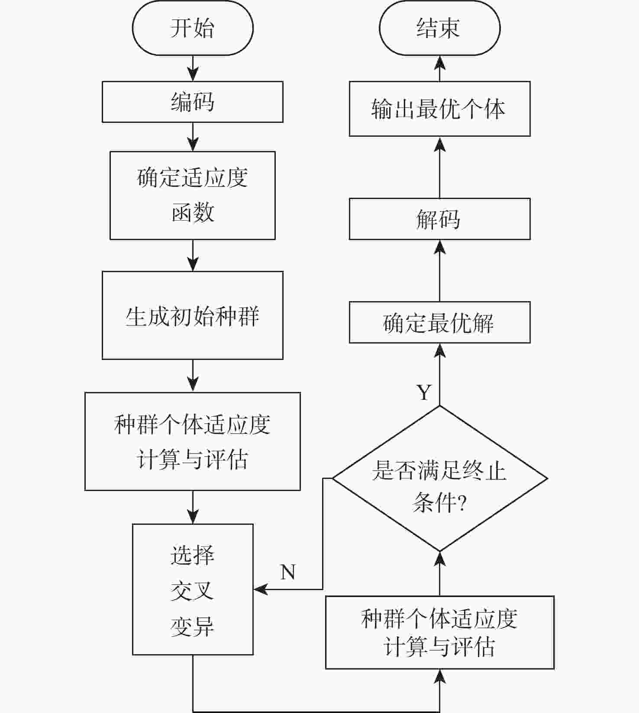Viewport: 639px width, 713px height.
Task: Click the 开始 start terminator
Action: (x=193, y=28)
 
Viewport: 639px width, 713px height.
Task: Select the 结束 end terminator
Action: (x=439, y=28)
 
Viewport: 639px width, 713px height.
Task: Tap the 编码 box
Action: (x=193, y=102)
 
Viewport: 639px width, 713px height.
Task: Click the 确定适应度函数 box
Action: (x=193, y=195)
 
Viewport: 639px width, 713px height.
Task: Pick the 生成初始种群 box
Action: (x=193, y=315)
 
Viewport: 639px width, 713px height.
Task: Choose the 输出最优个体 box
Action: (x=439, y=109)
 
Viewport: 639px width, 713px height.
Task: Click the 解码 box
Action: (x=439, y=219)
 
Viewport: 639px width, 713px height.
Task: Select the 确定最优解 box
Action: (x=439, y=322)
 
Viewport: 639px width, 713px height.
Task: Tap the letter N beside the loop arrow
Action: (x=288, y=572)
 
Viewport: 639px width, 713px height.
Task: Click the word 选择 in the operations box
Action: (x=193, y=555)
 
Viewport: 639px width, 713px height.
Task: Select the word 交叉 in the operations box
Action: (x=193, y=591)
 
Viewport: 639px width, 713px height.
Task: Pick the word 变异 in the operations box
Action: (x=193, y=626)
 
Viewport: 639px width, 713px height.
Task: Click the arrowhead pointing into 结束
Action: (x=440, y=63)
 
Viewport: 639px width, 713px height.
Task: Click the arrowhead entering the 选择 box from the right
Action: (x=260, y=589)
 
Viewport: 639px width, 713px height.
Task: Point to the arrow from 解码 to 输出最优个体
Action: (x=440, y=167)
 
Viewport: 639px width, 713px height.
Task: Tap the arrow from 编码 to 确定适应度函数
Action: (x=193, y=138)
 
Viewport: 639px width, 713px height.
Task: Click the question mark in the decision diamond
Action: (x=461, y=504)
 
